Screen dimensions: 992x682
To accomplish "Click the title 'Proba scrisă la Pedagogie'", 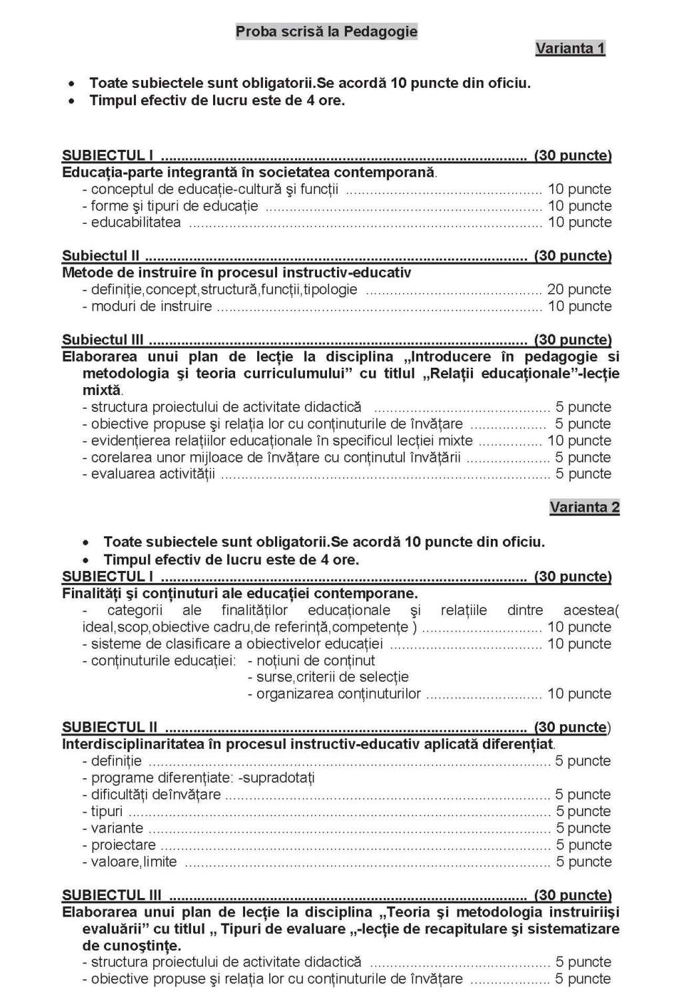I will [x=326, y=31].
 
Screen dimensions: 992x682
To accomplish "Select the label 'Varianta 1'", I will [x=570, y=48].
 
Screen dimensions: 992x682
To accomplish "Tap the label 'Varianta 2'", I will [x=584, y=507].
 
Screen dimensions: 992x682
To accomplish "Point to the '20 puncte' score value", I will [x=579, y=290].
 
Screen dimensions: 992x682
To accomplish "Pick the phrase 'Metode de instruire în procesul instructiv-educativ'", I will [x=236, y=272].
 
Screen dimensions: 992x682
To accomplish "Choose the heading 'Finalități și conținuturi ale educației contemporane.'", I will [x=240, y=594].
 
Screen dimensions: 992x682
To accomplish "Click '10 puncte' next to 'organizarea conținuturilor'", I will [x=579, y=694].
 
